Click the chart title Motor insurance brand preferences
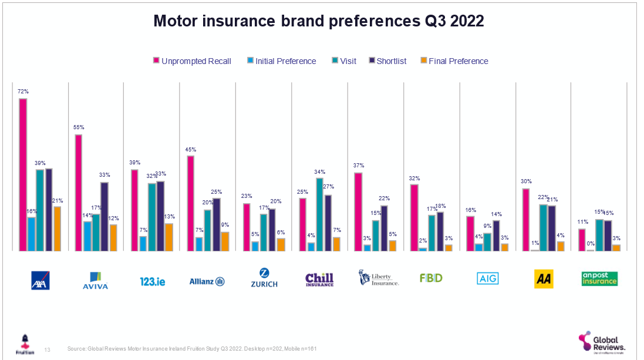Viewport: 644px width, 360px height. [x=318, y=21]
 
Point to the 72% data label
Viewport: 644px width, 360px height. [x=23, y=92]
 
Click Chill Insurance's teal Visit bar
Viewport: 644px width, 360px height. [x=320, y=214]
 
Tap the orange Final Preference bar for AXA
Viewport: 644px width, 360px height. [x=57, y=228]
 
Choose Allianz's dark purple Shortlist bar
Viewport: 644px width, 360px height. [x=217, y=224]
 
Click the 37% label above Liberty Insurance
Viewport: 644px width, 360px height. [x=359, y=165]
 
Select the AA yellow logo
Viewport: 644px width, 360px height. [x=544, y=279]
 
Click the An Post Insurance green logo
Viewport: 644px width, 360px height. [x=599, y=278]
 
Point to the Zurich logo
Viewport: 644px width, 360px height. [x=264, y=278]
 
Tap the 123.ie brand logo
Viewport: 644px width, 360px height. [x=152, y=281]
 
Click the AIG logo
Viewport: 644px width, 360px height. [x=487, y=279]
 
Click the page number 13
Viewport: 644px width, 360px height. [x=48, y=349]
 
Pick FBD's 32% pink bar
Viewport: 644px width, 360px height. [x=414, y=217]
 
